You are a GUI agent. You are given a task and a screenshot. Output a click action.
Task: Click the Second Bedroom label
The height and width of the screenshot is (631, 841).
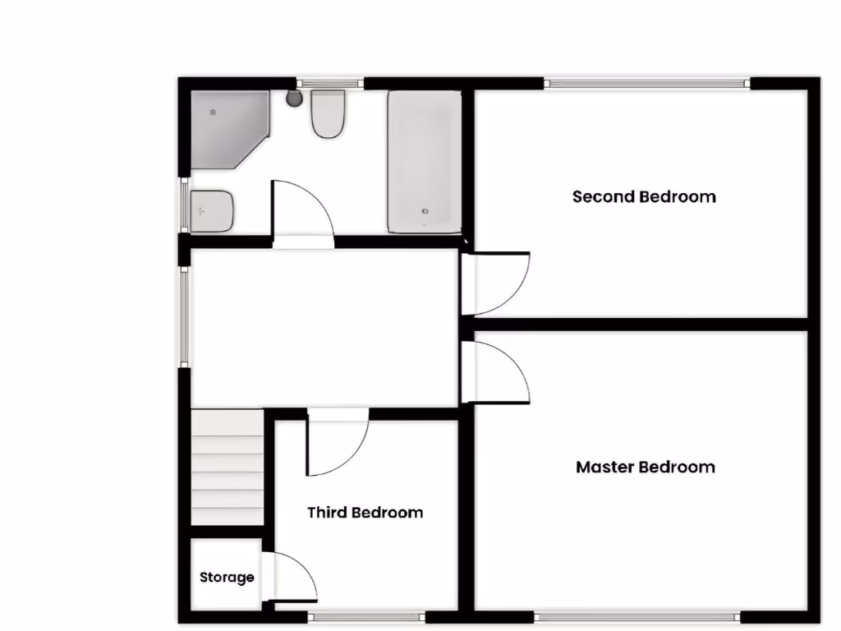[x=643, y=196]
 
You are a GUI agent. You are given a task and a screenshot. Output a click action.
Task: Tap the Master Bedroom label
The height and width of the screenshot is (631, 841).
[x=645, y=467]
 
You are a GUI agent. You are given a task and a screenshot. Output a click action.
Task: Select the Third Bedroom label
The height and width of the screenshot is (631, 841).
[x=365, y=513]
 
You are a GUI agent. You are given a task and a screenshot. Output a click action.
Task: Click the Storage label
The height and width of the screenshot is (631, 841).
[x=227, y=578]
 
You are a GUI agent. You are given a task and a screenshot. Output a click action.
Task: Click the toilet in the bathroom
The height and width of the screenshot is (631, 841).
[x=327, y=115]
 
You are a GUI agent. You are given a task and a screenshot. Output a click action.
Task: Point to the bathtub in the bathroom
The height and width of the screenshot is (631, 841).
[x=425, y=162]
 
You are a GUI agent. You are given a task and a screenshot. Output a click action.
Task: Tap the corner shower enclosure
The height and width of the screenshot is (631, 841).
[x=227, y=127]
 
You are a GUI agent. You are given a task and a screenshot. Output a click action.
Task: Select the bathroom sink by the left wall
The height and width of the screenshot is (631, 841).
[x=213, y=211]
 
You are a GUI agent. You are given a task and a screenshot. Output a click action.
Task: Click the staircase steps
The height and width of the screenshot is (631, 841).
[x=227, y=468]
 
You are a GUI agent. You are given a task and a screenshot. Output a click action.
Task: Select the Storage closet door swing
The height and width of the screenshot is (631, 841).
[x=292, y=578]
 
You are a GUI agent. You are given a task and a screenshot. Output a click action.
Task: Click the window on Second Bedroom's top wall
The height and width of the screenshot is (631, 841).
[x=646, y=82]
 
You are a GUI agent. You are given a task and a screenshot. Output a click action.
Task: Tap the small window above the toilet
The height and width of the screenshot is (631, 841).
[x=330, y=82]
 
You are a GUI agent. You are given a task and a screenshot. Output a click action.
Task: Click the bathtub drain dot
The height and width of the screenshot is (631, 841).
[x=425, y=211]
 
